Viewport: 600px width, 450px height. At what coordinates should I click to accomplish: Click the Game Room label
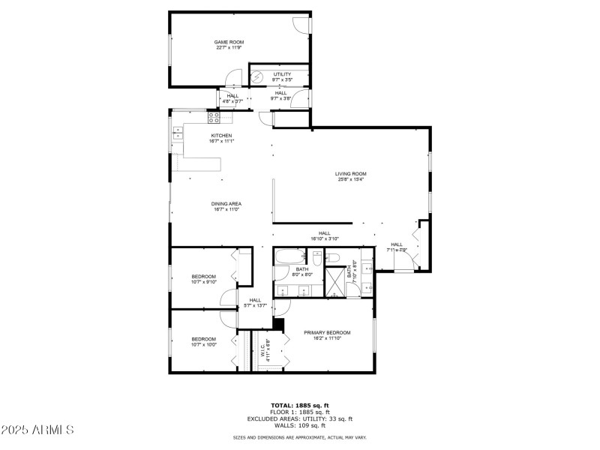(229, 43)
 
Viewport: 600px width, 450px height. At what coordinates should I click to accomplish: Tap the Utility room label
(282, 74)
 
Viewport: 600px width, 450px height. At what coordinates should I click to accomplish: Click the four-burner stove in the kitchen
(214, 117)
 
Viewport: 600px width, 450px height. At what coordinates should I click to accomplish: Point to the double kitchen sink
(178, 133)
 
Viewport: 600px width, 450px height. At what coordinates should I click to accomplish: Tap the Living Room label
(350, 174)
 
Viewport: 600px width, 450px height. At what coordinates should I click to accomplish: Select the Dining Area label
(226, 203)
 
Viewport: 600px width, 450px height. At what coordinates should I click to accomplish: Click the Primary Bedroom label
(327, 332)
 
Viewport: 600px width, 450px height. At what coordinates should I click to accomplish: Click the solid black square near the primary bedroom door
(278, 324)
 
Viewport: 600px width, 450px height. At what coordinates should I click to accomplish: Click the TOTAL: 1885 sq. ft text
(300, 405)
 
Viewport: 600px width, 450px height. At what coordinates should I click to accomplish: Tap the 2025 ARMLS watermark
(37, 430)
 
